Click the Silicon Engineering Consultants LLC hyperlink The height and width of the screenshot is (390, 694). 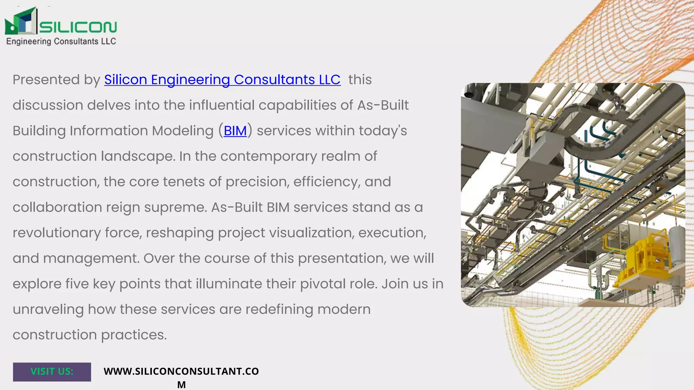222,80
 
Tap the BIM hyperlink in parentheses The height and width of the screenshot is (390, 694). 235,131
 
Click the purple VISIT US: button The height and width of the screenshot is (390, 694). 52,372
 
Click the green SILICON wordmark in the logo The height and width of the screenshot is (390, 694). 78,27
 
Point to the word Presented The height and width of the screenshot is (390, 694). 46,80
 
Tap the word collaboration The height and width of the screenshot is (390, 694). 57,207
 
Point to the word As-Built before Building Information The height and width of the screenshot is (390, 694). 383,105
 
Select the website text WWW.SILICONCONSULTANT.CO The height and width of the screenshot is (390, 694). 181,371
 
